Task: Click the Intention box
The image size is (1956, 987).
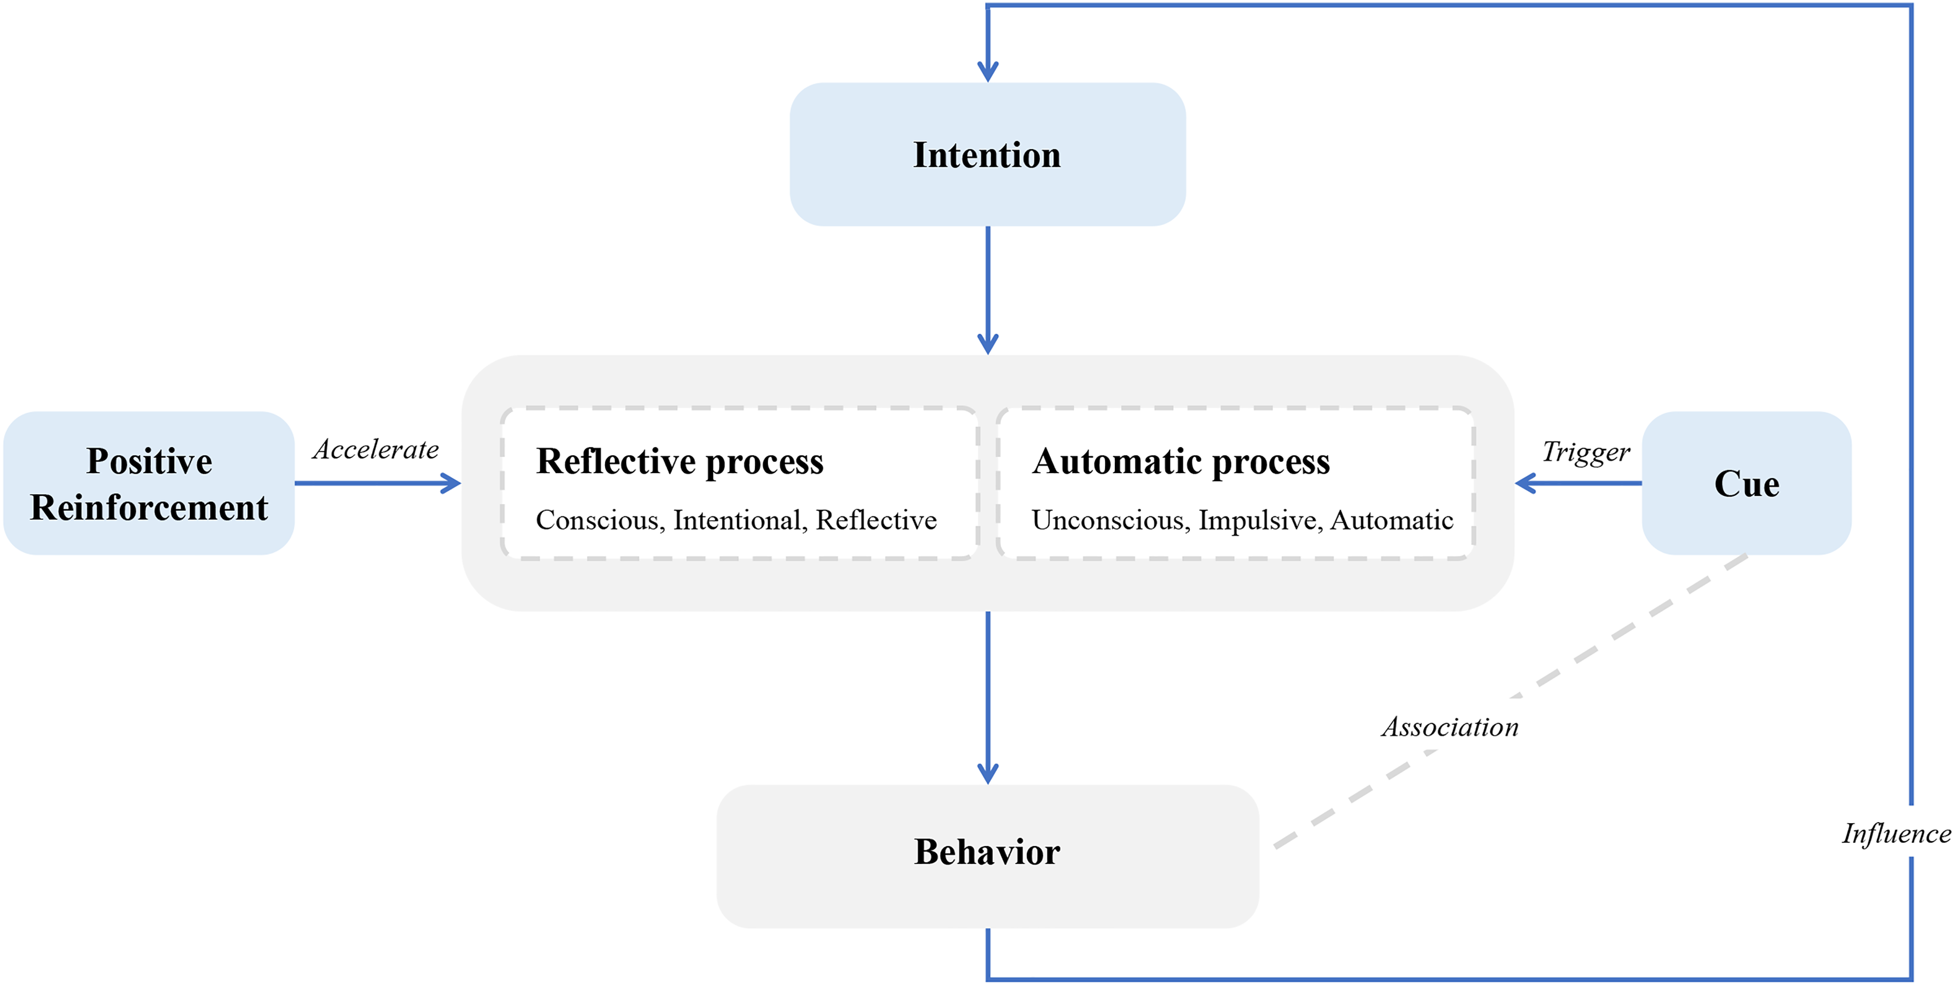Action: click(x=987, y=154)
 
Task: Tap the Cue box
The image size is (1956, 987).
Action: click(x=1747, y=483)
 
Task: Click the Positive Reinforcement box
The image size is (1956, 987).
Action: click(x=149, y=483)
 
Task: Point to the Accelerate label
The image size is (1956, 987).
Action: click(x=376, y=450)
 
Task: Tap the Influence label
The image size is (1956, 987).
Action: click(x=1896, y=834)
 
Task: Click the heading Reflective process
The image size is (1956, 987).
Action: click(x=680, y=461)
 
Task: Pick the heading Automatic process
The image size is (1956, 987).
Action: click(x=1181, y=461)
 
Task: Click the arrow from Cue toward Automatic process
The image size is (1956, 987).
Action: click(x=1578, y=483)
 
